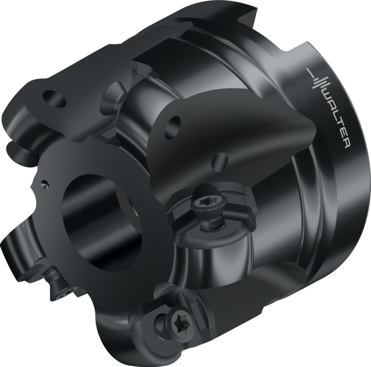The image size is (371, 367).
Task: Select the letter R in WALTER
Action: click(345, 144)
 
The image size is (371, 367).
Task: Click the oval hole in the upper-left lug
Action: click(55, 98)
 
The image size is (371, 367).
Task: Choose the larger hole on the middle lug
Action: click(173, 127)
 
